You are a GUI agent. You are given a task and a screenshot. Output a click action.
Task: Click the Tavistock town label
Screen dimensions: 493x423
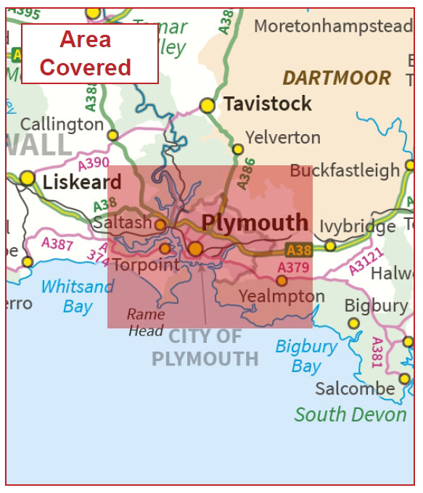pos(267,104)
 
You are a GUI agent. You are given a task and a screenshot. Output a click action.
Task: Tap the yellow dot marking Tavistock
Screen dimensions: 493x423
pos(208,105)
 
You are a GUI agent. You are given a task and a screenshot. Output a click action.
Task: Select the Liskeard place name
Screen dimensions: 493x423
pos(82,181)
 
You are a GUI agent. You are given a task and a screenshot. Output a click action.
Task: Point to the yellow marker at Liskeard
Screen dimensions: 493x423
pos(28,178)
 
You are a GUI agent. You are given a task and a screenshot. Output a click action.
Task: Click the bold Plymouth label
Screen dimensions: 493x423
pos(255,223)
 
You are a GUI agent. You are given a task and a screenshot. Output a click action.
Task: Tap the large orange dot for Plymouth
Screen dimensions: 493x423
pos(195,249)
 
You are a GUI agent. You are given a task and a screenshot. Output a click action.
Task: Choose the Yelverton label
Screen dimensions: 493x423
pos(282,137)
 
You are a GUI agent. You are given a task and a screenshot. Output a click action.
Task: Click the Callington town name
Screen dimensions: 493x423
pos(62,124)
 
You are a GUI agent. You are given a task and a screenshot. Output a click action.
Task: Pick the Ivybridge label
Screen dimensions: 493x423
pos(358,226)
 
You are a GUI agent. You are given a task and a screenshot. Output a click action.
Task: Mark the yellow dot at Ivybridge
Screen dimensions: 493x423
pos(330,246)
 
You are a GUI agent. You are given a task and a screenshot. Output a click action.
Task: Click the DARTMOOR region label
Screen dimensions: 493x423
pos(337,78)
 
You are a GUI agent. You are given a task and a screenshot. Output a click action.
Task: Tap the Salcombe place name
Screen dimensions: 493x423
pos(355,389)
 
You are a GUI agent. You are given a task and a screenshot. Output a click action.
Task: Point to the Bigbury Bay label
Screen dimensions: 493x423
pos(306,356)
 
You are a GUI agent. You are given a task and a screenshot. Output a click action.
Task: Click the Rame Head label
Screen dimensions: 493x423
pos(146,323)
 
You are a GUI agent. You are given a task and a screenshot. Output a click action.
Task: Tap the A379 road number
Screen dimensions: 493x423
pos(293,268)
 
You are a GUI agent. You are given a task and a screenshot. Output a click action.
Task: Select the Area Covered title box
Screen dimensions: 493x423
pos(89,53)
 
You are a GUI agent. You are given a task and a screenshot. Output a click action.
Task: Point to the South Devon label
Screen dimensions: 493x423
pos(350,415)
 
